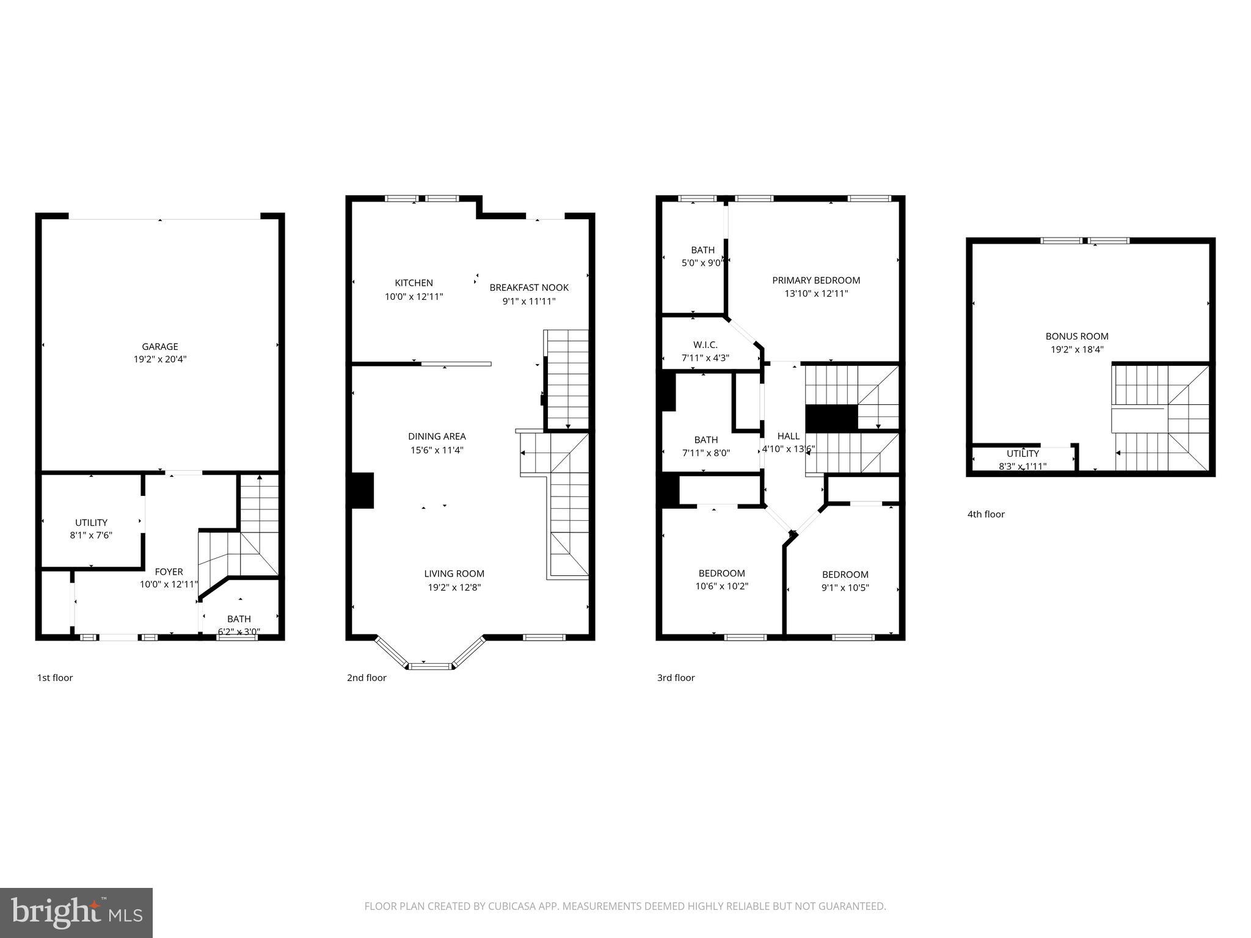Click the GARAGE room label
(x=160, y=346)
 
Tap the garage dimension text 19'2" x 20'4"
(x=160, y=360)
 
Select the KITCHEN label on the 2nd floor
(x=414, y=283)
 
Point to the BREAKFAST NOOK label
(x=529, y=288)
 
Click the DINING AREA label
(x=437, y=436)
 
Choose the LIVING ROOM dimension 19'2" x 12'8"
(x=454, y=587)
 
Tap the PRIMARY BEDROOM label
(x=816, y=280)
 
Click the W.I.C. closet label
(x=705, y=345)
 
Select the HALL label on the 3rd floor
(x=788, y=436)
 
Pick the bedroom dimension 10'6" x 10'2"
(x=721, y=586)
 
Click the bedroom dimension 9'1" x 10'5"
(x=845, y=587)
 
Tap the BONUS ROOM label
(x=1077, y=336)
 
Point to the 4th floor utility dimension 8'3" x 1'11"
(x=1023, y=467)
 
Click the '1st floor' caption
(x=55, y=677)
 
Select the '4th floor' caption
(x=986, y=514)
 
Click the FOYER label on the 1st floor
(x=169, y=572)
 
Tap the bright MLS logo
(x=76, y=913)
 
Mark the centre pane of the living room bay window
(x=431, y=666)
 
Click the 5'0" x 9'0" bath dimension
(x=703, y=263)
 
